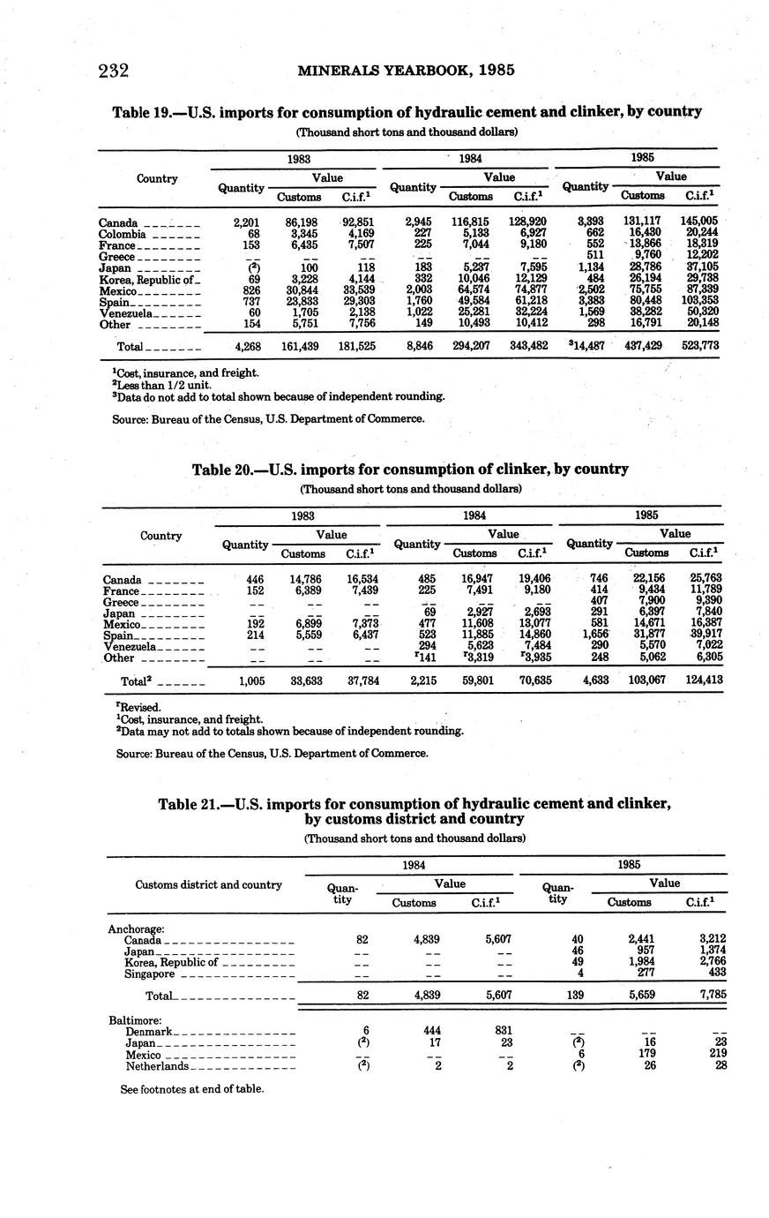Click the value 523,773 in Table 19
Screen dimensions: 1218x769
(x=700, y=347)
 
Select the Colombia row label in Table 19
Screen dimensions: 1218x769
(x=122, y=234)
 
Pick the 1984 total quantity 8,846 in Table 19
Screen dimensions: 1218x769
(x=418, y=347)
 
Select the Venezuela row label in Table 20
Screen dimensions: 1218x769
(x=130, y=646)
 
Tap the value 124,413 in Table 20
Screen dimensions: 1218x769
(x=703, y=680)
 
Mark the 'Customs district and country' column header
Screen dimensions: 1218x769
(x=208, y=884)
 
